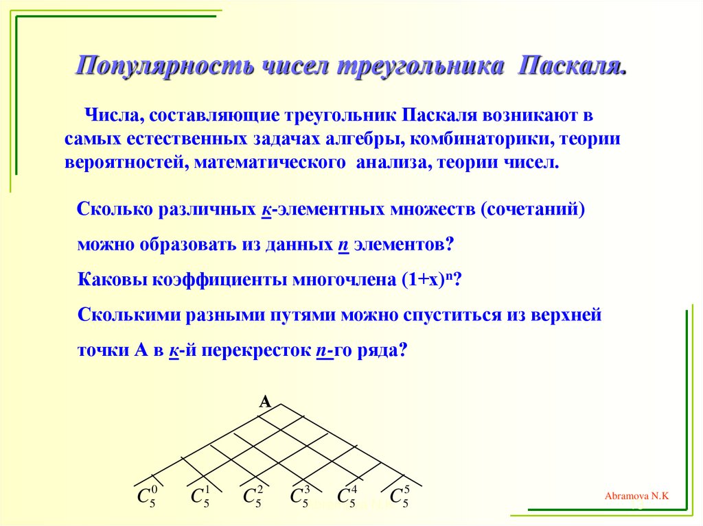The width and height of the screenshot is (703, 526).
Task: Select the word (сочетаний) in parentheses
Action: [533, 209]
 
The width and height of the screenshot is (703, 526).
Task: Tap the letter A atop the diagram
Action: [264, 403]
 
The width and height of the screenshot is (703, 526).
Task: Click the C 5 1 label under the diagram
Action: [199, 497]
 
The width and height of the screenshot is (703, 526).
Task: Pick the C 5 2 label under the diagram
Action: [253, 497]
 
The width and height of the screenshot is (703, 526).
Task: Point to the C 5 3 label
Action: [300, 497]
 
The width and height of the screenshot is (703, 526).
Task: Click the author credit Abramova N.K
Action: [636, 495]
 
